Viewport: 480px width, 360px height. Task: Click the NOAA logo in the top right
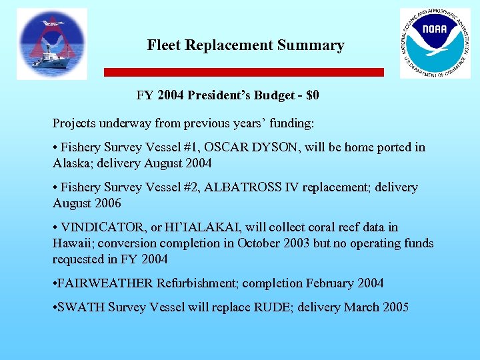click(x=434, y=43)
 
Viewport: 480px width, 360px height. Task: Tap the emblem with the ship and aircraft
click(x=52, y=44)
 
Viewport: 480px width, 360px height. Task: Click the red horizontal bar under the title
click(x=244, y=72)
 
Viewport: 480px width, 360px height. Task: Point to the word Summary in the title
click(x=313, y=45)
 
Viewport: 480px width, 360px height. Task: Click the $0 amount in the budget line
click(x=311, y=95)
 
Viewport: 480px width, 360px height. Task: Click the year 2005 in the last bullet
click(x=394, y=307)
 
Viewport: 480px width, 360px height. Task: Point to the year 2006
click(x=107, y=203)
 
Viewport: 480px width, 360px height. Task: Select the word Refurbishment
click(x=197, y=283)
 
